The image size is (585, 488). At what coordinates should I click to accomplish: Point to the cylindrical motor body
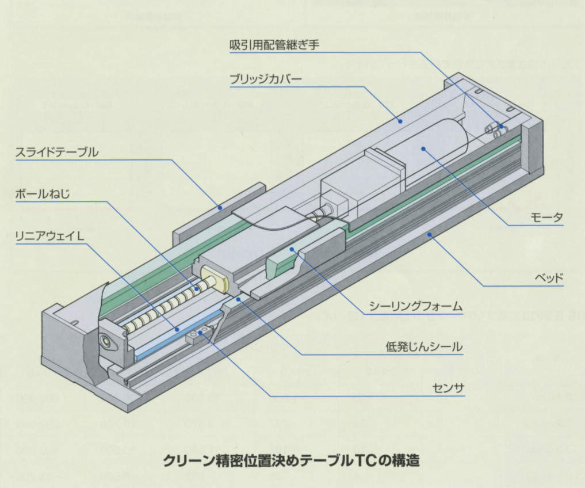click(431, 147)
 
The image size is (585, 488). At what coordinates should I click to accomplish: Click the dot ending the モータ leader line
click(423, 149)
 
